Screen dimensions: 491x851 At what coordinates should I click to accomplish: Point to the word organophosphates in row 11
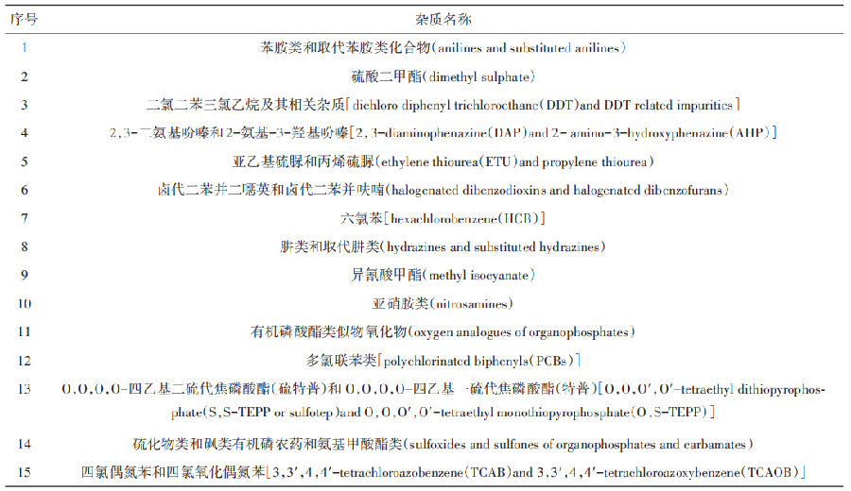(x=578, y=331)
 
